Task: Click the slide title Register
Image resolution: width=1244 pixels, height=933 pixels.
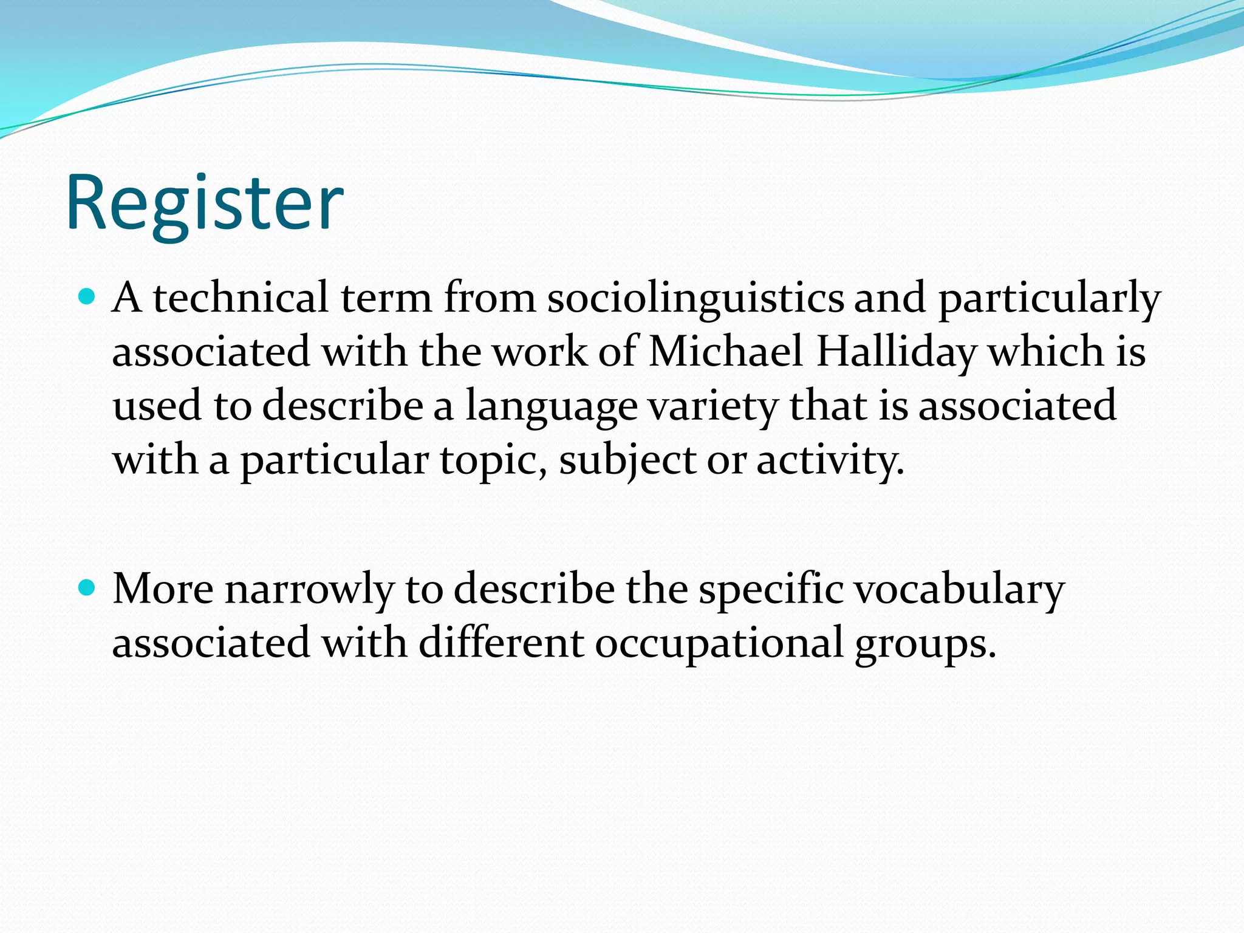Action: (x=205, y=203)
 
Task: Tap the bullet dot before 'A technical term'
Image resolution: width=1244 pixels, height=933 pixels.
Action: (x=88, y=296)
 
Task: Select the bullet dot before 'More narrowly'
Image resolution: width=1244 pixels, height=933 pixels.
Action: (x=88, y=587)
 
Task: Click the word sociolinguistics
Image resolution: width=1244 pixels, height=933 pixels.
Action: (x=695, y=299)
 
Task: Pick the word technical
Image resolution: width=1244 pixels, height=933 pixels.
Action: (x=241, y=298)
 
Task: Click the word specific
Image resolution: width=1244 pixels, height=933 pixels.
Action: (x=771, y=590)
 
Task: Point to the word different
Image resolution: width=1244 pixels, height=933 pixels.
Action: (x=501, y=643)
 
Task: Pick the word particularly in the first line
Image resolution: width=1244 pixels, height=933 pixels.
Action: (x=1049, y=299)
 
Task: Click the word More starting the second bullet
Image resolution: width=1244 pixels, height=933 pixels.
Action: (x=163, y=589)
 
